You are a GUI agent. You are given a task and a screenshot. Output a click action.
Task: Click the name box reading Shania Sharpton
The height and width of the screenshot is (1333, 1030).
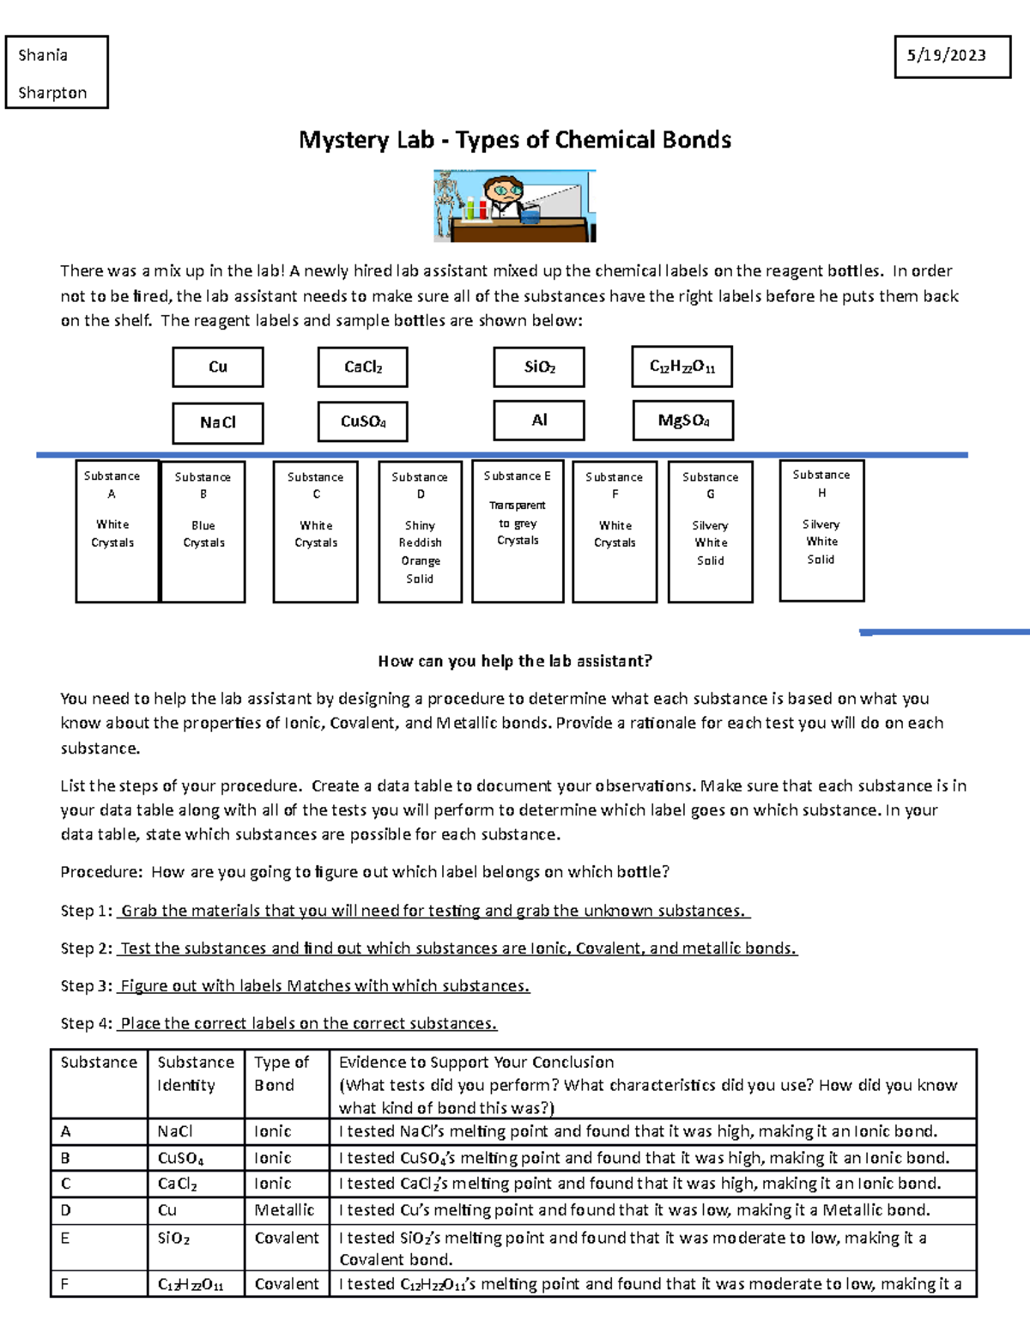pyautogui.click(x=57, y=73)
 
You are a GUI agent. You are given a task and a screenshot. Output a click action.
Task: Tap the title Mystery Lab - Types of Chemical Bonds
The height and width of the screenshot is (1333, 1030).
pyautogui.click(x=514, y=140)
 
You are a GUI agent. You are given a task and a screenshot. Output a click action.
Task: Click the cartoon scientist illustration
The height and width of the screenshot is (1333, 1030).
pyautogui.click(x=514, y=206)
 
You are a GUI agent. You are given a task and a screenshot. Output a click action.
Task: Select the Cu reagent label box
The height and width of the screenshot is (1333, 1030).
pyautogui.click(x=218, y=367)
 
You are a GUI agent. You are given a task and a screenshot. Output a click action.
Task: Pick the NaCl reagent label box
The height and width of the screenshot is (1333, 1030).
pyautogui.click(x=218, y=422)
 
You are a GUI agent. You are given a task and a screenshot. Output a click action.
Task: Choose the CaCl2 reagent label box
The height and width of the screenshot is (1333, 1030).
pyautogui.click(x=362, y=367)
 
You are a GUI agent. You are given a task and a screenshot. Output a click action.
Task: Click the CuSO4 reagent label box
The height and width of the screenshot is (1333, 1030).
pyautogui.click(x=362, y=421)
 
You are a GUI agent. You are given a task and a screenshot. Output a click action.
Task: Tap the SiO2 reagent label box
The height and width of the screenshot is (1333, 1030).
pyautogui.click(x=539, y=367)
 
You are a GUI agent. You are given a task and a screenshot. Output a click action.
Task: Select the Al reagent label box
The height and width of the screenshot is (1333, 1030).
pyautogui.click(x=539, y=421)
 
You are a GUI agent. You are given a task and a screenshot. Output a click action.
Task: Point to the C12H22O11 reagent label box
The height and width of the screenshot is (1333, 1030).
pyautogui.click(x=682, y=367)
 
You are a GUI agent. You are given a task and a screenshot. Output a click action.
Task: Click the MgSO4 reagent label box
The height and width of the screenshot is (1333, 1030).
pyautogui.click(x=683, y=421)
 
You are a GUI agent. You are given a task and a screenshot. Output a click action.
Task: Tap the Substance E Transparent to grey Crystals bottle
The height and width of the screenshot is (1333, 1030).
pyautogui.click(x=518, y=531)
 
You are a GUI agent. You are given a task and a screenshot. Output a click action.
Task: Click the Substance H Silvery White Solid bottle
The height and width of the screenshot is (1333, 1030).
pyautogui.click(x=821, y=530)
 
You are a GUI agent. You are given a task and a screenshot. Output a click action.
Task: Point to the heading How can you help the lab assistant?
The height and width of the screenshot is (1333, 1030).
pyautogui.click(x=515, y=661)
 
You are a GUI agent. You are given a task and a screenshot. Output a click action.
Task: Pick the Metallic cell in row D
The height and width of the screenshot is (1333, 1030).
pyautogui.click(x=285, y=1210)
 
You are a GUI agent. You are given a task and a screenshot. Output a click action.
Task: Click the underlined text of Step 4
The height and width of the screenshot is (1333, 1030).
pyautogui.click(x=308, y=1024)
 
